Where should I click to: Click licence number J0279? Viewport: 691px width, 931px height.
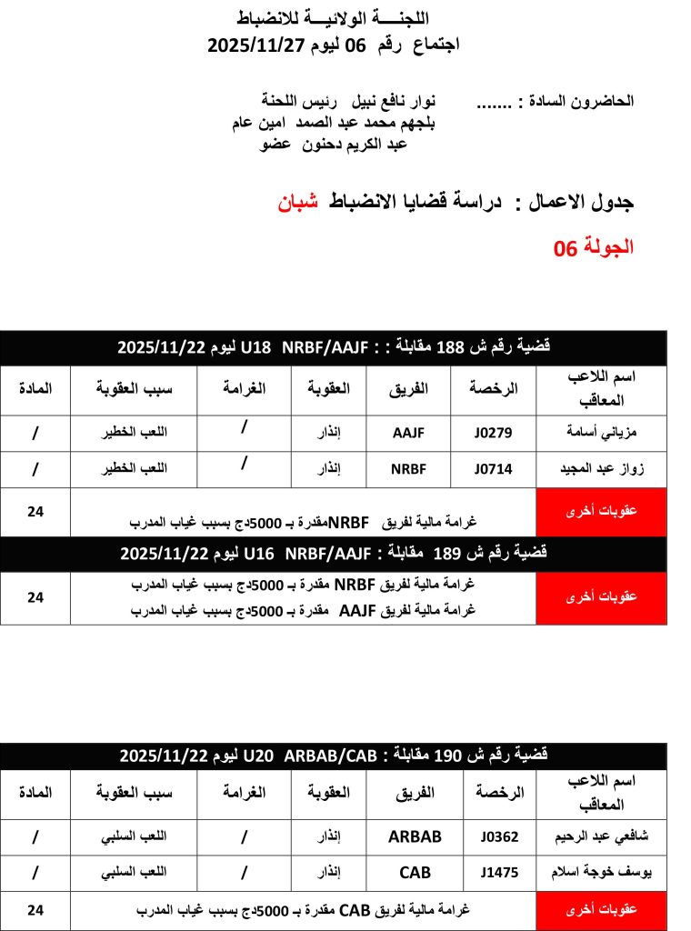click(x=494, y=433)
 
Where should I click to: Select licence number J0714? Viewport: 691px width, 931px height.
click(x=494, y=469)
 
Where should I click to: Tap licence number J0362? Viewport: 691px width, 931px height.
click(x=500, y=836)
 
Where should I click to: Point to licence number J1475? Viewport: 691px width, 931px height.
click(x=500, y=873)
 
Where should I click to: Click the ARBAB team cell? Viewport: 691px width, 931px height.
click(x=415, y=836)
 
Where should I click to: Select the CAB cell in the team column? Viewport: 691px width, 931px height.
click(x=415, y=873)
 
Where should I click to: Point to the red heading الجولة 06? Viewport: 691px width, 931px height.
click(x=594, y=247)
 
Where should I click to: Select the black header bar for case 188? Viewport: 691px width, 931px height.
click(x=334, y=347)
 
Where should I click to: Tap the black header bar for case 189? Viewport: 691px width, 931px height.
click(x=334, y=553)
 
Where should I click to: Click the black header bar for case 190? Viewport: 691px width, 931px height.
click(x=334, y=756)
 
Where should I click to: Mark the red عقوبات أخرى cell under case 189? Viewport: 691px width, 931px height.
click(x=601, y=597)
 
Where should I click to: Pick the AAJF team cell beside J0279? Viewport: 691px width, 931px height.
click(x=408, y=433)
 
